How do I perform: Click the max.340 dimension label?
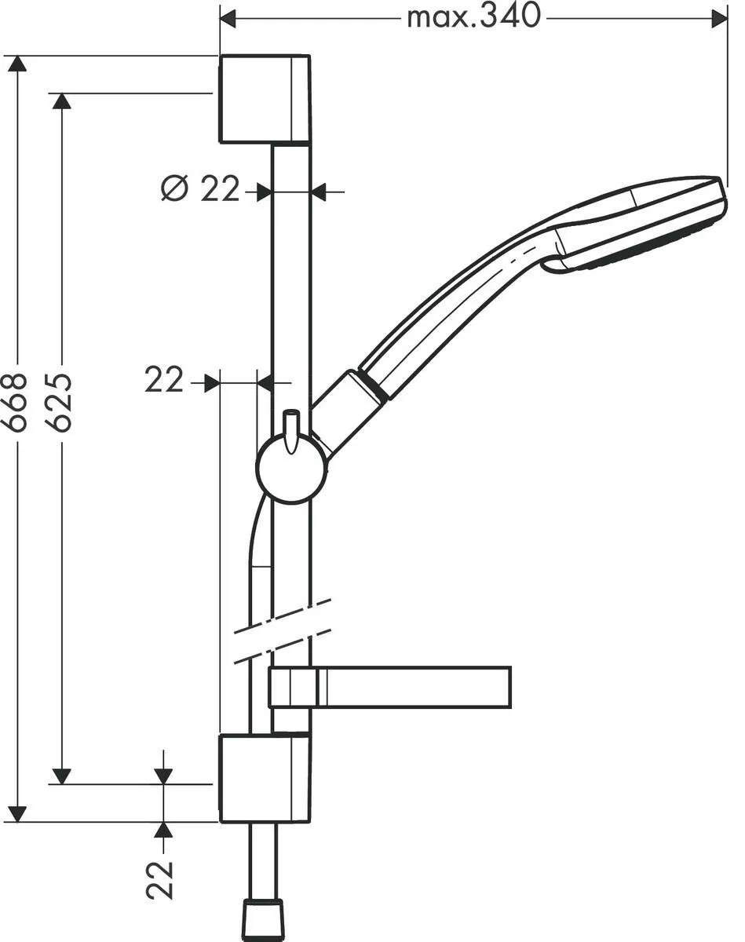(473, 15)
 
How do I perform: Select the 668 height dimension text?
(15, 401)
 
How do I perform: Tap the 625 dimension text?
(60, 401)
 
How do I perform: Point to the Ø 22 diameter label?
(200, 189)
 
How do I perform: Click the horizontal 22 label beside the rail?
(163, 381)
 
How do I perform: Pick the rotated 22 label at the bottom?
(161, 878)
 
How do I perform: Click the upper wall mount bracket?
(264, 99)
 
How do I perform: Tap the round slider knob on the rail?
(291, 469)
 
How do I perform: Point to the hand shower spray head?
(640, 224)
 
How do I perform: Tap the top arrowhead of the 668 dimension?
(16, 63)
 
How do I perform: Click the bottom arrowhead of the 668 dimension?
(16, 814)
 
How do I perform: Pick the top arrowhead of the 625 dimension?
(61, 100)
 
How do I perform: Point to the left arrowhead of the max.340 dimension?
(228, 18)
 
